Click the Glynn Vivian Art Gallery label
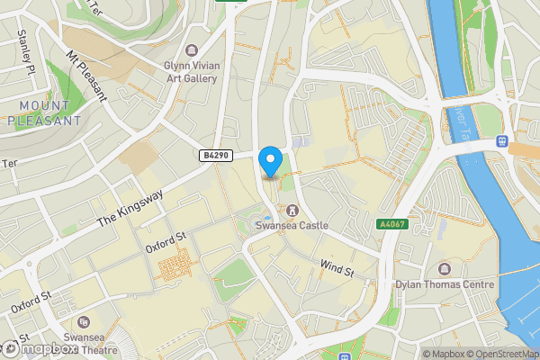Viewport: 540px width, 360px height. [190, 72]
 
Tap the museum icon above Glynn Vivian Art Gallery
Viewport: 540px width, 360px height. [190, 50]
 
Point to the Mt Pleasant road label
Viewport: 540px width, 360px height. [85, 76]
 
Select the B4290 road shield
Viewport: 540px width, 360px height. [212, 156]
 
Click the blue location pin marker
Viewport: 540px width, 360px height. [269, 162]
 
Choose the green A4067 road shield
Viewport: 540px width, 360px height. [392, 224]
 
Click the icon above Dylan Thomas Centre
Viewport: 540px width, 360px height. [445, 269]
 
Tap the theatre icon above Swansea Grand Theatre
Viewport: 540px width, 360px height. [84, 322]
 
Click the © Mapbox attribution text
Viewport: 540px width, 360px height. [448, 354]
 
